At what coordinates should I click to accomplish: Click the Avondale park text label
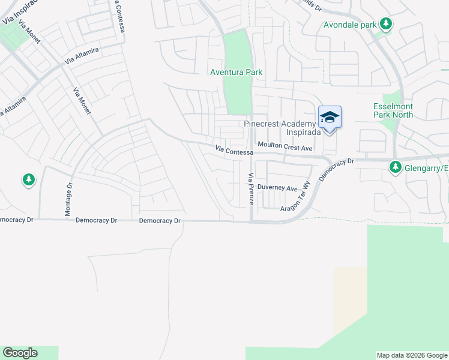pos(349,25)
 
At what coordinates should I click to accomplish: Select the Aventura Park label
pos(236,72)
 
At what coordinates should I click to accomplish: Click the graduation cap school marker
pos(330,117)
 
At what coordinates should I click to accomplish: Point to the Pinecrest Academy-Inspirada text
pos(285,128)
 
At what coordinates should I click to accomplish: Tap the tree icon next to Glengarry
pos(396,168)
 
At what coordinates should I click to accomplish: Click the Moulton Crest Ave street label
pos(285,147)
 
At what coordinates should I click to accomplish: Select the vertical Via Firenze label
pos(251,190)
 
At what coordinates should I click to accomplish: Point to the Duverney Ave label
pos(277,188)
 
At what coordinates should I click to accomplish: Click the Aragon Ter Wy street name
pos(295,197)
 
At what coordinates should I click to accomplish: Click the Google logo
pos(20,353)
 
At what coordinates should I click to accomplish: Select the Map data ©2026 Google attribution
pos(412,355)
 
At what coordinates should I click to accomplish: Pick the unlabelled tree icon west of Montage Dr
pos(28,179)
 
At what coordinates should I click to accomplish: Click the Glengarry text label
pos(427,169)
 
